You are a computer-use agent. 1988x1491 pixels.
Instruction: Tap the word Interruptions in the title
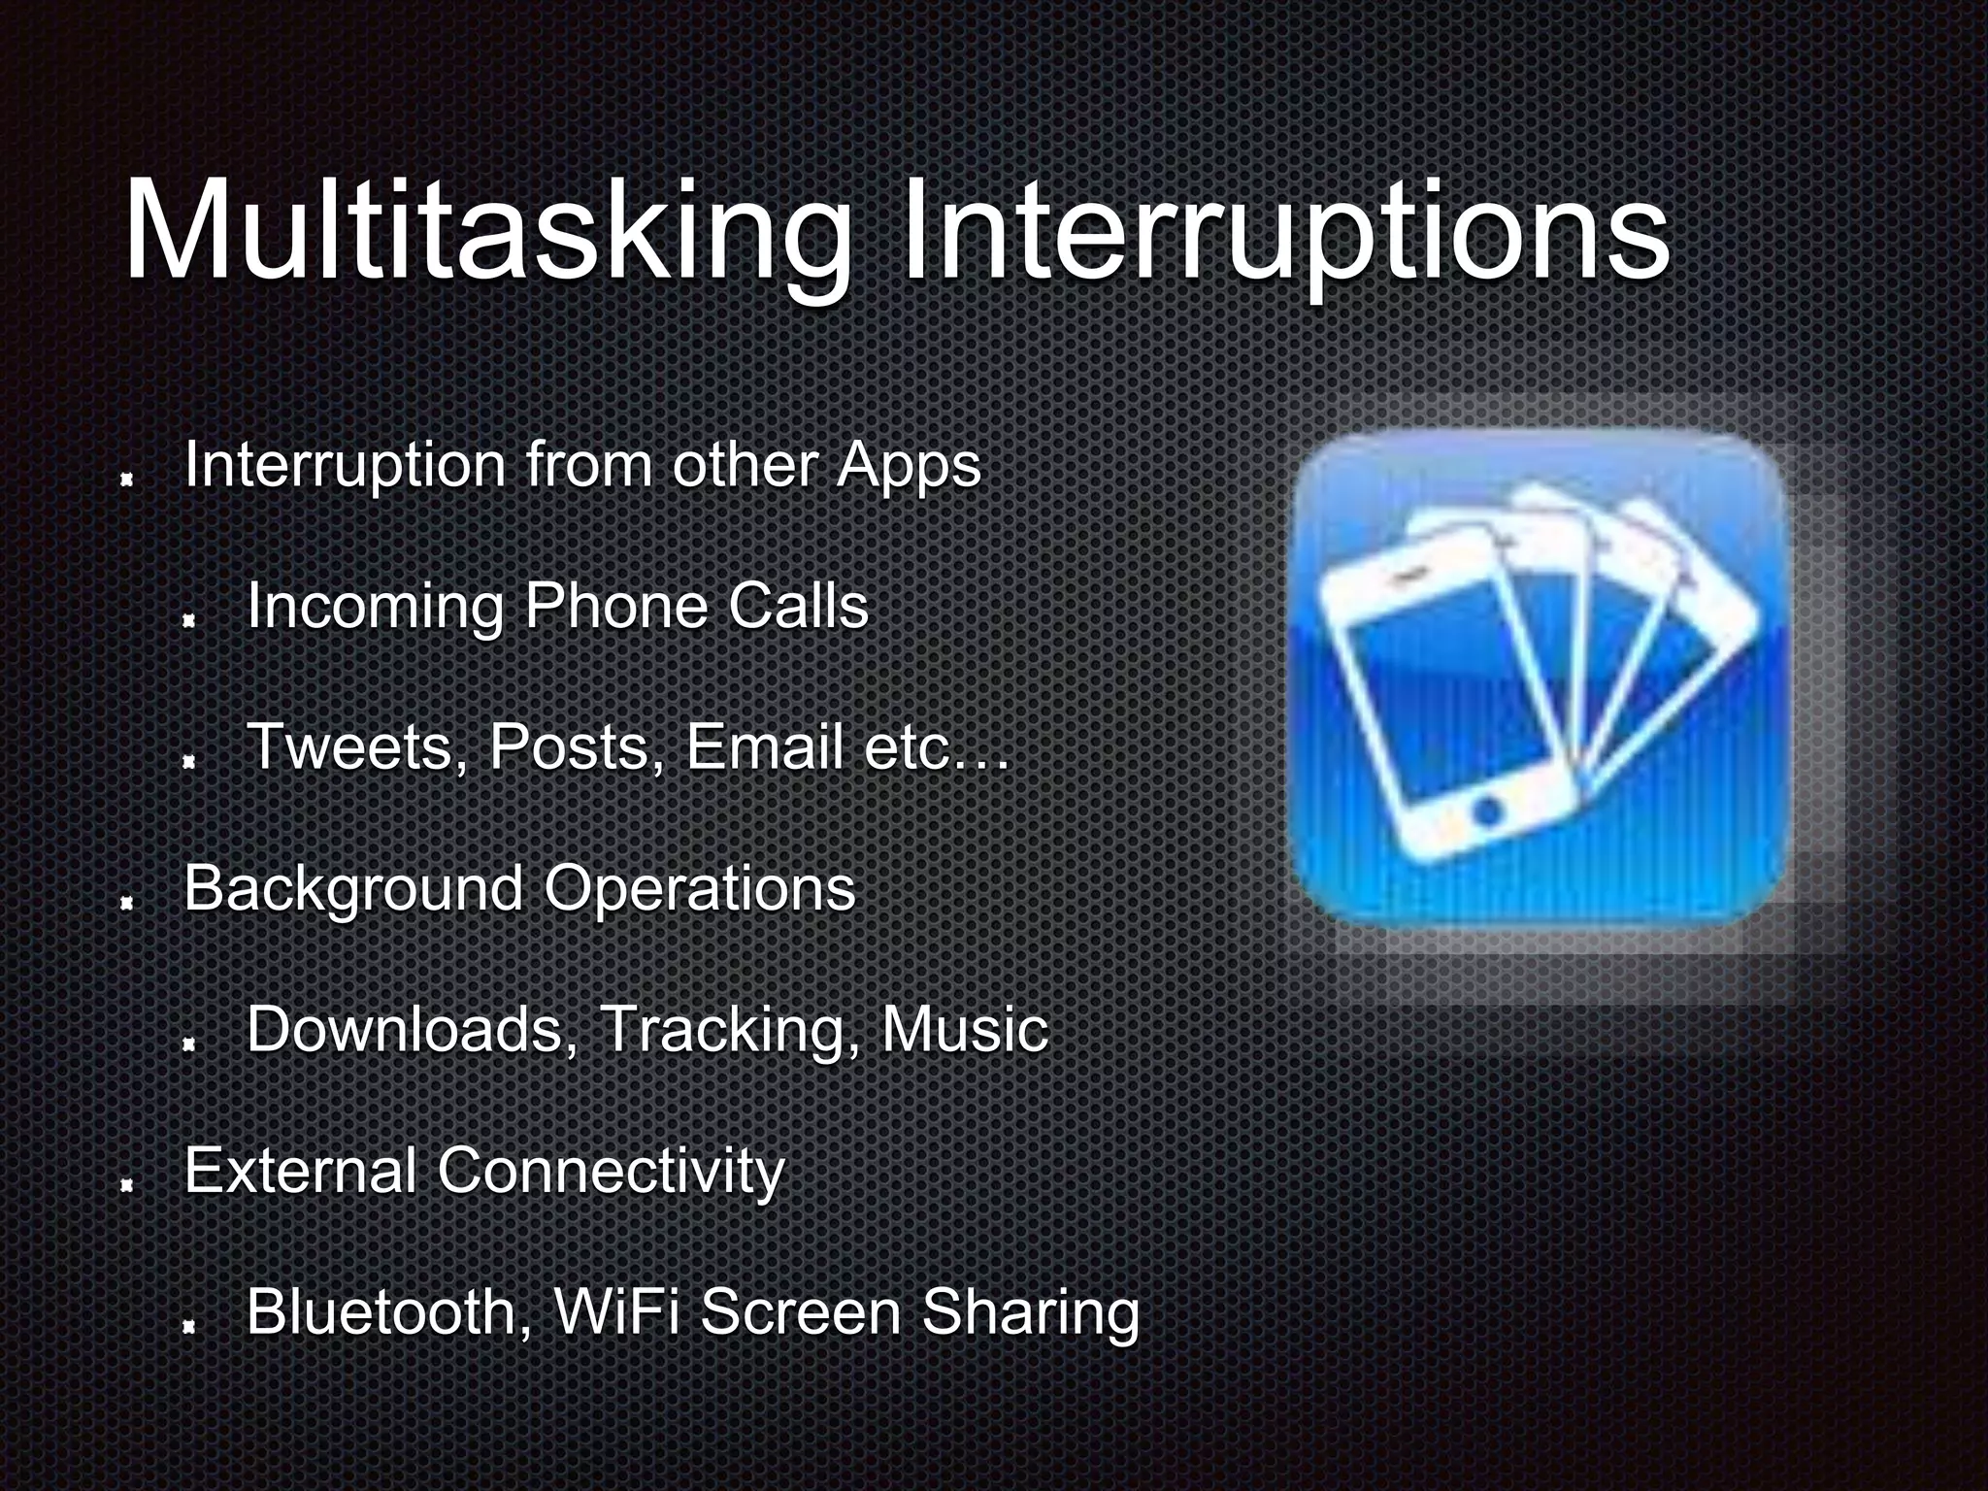[1283, 233]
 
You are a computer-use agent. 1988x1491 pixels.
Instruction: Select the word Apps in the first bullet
[909, 466]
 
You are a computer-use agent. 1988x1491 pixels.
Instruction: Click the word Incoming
[375, 608]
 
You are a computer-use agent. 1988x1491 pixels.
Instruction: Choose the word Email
[764, 747]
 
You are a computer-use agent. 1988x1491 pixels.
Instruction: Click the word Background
[353, 889]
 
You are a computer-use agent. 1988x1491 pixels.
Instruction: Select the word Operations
[699, 889]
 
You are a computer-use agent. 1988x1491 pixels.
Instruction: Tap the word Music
[964, 1029]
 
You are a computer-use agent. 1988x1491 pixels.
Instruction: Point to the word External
[301, 1170]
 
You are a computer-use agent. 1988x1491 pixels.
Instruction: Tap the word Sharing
[1030, 1313]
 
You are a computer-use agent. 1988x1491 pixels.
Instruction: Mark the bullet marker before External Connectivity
[125, 1186]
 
